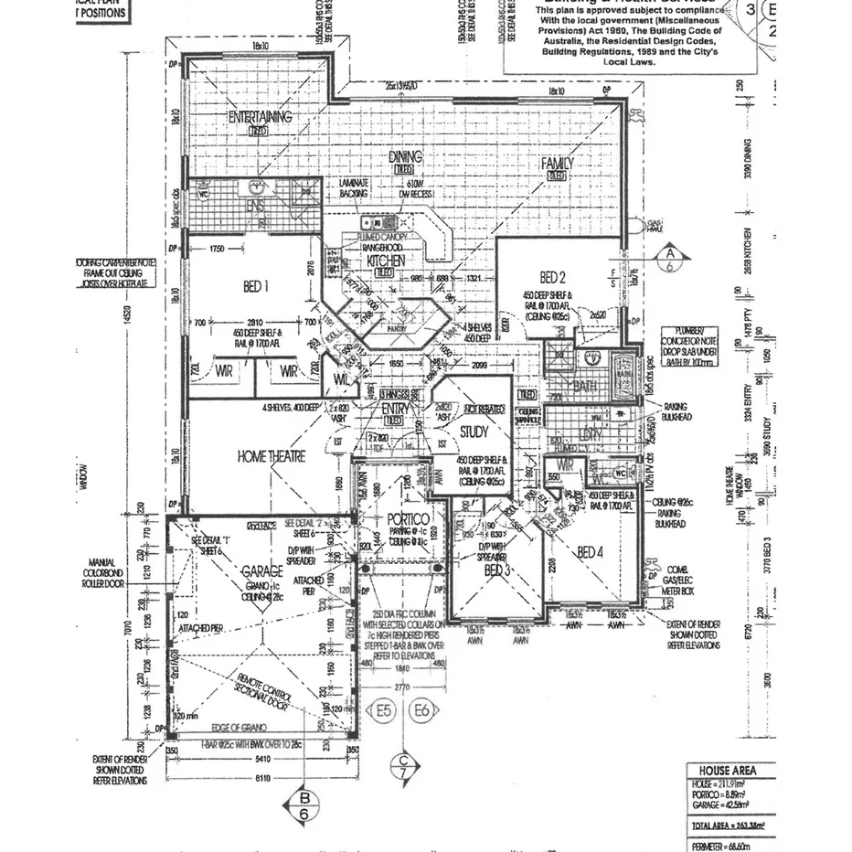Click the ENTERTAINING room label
pyautogui.click(x=261, y=117)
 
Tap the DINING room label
pyautogui.click(x=405, y=157)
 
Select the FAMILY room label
pyautogui.click(x=557, y=164)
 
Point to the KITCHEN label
pyautogui.click(x=385, y=261)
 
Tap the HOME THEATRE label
pyautogui.click(x=272, y=456)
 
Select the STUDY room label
pyautogui.click(x=474, y=431)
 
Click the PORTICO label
pyautogui.click(x=401, y=517)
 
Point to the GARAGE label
pyautogui.click(x=261, y=570)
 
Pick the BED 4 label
pyautogui.click(x=591, y=552)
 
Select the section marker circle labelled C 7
pyautogui.click(x=403, y=766)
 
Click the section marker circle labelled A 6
pyautogui.click(x=669, y=259)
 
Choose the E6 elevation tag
pyautogui.click(x=422, y=708)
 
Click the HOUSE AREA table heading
pyautogui.click(x=728, y=771)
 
